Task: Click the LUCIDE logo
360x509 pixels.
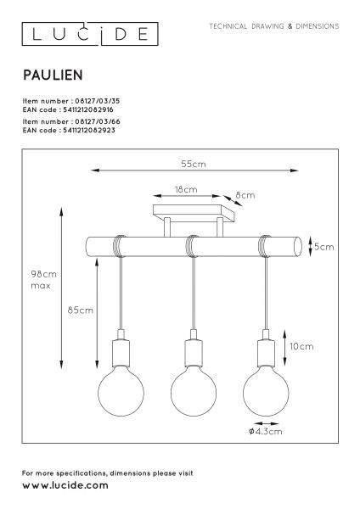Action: coord(90,34)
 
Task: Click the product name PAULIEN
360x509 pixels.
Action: coord(53,76)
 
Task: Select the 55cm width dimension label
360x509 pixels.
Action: coord(194,164)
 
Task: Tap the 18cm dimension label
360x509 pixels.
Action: coord(186,189)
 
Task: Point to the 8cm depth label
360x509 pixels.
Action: coord(245,195)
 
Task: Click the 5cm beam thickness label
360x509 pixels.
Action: coord(324,247)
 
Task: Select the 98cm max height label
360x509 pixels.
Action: coord(43,280)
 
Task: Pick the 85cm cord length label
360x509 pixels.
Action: coord(81,310)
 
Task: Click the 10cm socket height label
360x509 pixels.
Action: coord(302,346)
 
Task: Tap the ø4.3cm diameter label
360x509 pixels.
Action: coord(266,432)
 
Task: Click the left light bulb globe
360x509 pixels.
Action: coord(121,391)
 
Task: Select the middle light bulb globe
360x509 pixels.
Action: coord(194,391)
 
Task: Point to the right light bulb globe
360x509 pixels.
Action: coord(266,391)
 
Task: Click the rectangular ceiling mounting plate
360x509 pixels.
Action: coord(194,213)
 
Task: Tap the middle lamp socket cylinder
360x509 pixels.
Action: coord(194,353)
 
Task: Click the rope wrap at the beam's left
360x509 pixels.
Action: coord(120,246)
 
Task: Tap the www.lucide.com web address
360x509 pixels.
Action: coord(65,485)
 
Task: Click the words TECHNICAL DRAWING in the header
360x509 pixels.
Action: coord(246,26)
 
